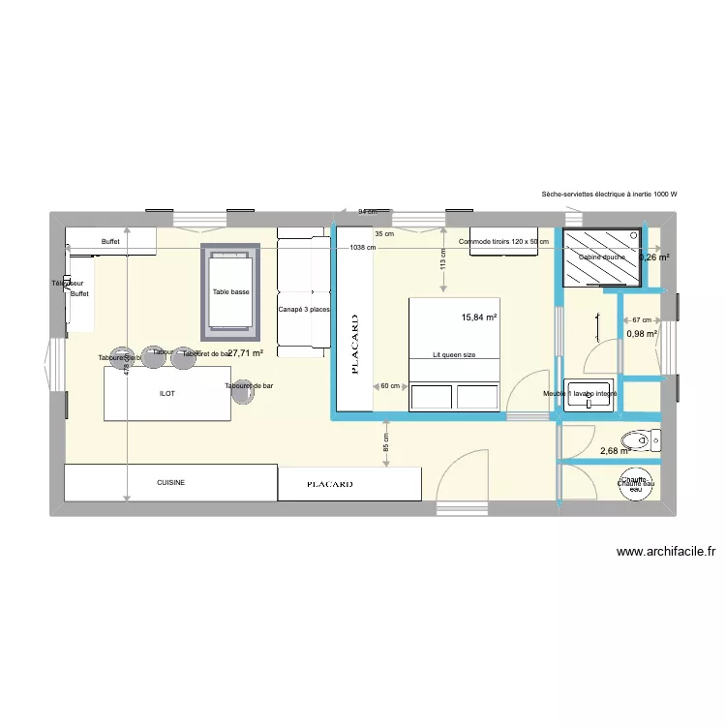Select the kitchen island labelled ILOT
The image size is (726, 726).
(x=167, y=394)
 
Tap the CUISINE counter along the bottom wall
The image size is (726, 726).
(x=170, y=482)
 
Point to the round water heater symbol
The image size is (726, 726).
(x=636, y=484)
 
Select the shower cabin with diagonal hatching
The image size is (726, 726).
(x=602, y=257)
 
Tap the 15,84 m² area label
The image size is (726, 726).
(x=479, y=318)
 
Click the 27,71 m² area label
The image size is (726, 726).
(x=246, y=353)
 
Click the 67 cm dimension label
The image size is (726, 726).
(x=640, y=319)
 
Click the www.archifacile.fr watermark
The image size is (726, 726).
(x=666, y=553)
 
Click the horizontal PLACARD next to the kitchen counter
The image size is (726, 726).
(x=349, y=483)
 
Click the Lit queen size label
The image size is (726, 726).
(x=454, y=355)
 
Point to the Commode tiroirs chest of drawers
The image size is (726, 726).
(x=509, y=242)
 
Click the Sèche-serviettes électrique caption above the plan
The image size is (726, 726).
(x=610, y=195)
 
